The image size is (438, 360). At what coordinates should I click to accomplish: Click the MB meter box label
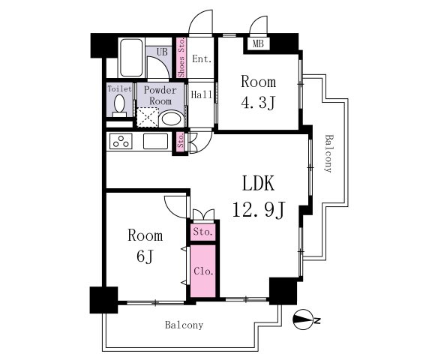tap(258, 43)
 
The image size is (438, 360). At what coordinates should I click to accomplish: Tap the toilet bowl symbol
tap(119, 106)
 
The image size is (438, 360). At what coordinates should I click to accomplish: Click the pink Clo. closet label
tap(204, 271)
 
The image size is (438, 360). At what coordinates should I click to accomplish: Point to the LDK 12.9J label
tap(259, 196)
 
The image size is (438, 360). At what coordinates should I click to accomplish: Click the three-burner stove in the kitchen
tap(121, 142)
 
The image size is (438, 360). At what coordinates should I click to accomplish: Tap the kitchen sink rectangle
tap(155, 141)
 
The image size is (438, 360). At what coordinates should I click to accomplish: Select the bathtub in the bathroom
tap(131, 58)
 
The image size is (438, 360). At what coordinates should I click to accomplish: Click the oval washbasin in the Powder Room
tap(171, 119)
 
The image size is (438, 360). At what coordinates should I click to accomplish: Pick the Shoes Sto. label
tap(181, 58)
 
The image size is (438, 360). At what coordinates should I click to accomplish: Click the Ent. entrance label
tap(202, 59)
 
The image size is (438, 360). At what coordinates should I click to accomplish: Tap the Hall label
tap(202, 94)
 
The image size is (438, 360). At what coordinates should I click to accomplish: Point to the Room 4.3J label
tap(259, 92)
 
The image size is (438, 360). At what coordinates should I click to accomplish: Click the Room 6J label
tap(145, 246)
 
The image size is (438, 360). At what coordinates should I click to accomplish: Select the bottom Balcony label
tap(184, 325)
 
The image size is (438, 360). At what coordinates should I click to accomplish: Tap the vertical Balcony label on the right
tap(329, 154)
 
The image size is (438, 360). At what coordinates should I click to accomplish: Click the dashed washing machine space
tap(148, 117)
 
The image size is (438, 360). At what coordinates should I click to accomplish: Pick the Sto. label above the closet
tap(203, 232)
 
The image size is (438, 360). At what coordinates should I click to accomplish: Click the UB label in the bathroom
tap(162, 52)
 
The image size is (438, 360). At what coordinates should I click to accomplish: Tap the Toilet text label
tap(119, 88)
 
